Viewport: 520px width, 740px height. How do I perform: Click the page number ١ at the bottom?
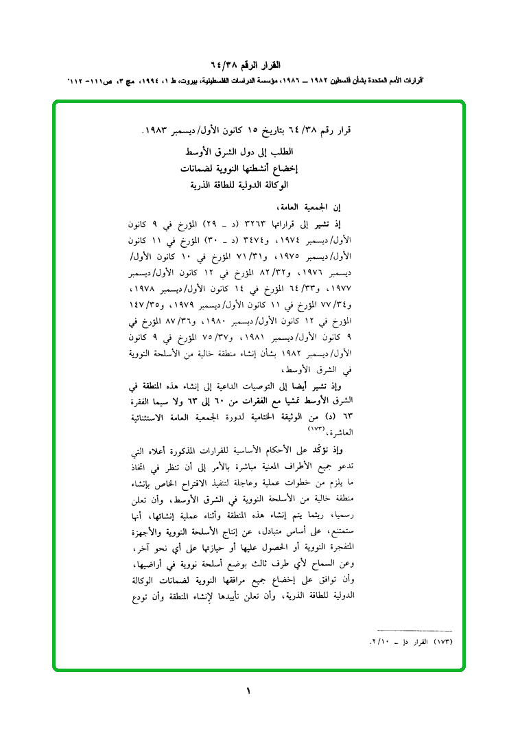(248, 691)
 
